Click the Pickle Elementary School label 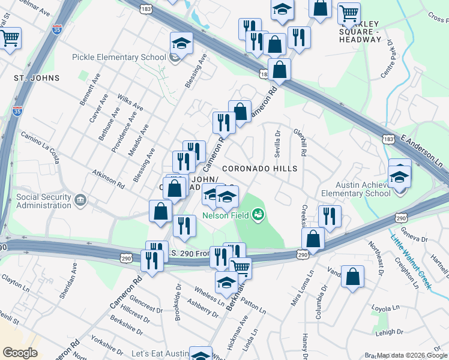[118, 58]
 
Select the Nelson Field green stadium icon [259, 214]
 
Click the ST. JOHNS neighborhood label [37, 78]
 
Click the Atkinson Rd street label [108, 178]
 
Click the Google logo [19, 352]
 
